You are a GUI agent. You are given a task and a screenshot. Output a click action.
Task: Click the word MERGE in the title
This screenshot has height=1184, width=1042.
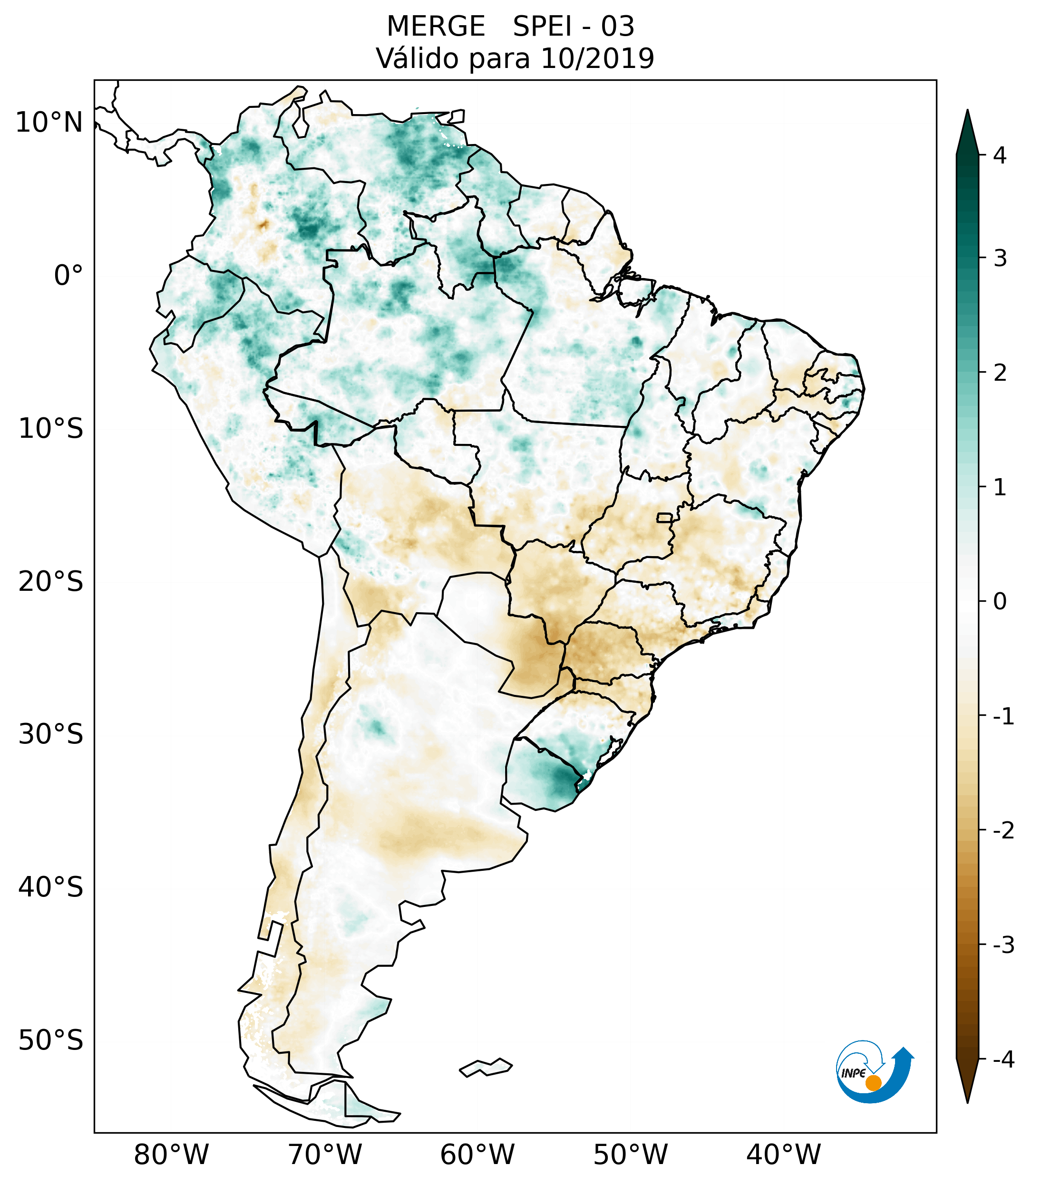click(x=435, y=27)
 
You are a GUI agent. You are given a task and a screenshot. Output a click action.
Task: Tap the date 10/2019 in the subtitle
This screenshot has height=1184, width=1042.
click(x=597, y=58)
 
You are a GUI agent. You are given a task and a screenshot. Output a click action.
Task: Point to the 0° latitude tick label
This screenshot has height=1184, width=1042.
click(x=68, y=275)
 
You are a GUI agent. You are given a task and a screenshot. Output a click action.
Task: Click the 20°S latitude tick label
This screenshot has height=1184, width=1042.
click(x=51, y=582)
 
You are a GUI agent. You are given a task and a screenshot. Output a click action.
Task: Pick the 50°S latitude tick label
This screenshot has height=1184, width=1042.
click(x=51, y=1041)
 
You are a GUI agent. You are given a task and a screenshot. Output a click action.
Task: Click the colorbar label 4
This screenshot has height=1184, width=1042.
click(x=1000, y=155)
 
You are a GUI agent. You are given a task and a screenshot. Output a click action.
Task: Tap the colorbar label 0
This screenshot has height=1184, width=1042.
click(x=1000, y=602)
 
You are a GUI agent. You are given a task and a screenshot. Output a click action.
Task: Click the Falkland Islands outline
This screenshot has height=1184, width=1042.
click(x=486, y=1067)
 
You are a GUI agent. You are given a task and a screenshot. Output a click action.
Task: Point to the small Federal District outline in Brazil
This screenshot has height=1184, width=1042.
click(x=665, y=517)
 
